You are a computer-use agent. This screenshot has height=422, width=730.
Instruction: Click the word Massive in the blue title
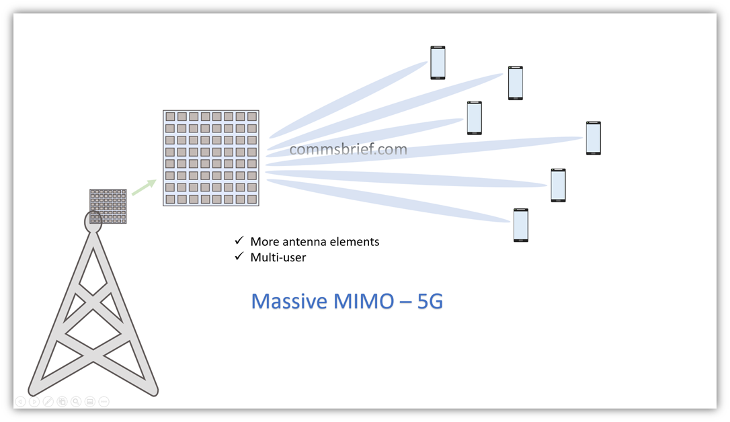pyautogui.click(x=289, y=301)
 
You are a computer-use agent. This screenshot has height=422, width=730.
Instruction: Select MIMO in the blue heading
pyautogui.click(x=364, y=301)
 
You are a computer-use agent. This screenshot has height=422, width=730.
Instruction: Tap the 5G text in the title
pyautogui.click(x=430, y=301)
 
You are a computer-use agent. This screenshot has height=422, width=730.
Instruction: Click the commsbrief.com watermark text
pyautogui.click(x=348, y=149)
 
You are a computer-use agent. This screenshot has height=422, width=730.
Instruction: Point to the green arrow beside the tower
pyautogui.click(x=144, y=187)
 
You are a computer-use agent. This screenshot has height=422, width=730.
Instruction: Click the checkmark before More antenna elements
pyautogui.click(x=239, y=240)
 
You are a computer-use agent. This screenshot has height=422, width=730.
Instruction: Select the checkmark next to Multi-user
pyautogui.click(x=239, y=256)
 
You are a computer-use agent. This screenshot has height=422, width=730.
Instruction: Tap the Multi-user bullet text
pyautogui.click(x=278, y=257)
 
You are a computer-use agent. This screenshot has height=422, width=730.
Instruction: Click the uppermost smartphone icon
pyautogui.click(x=438, y=62)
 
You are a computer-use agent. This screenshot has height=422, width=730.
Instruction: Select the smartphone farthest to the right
pyautogui.click(x=593, y=138)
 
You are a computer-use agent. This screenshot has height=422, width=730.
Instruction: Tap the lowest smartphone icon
pyautogui.click(x=521, y=225)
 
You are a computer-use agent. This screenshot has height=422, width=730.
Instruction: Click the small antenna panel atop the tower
pyautogui.click(x=108, y=206)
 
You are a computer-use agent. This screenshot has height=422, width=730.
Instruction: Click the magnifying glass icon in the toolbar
pyautogui.click(x=76, y=402)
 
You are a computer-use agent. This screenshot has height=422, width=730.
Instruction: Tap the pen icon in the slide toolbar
pyautogui.click(x=48, y=402)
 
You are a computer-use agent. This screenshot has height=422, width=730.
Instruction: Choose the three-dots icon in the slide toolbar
pyautogui.click(x=104, y=402)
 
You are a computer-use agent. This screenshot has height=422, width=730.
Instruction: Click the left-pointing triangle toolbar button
pyautogui.click(x=20, y=402)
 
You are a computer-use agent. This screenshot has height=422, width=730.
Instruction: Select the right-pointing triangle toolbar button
pyautogui.click(x=34, y=402)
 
